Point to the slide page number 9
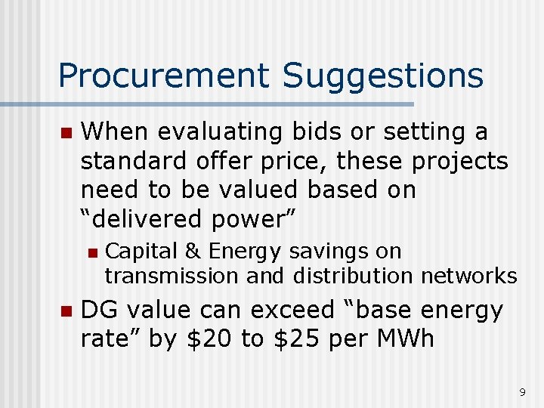click(x=522, y=392)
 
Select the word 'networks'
click(x=469, y=276)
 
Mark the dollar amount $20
click(x=208, y=339)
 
